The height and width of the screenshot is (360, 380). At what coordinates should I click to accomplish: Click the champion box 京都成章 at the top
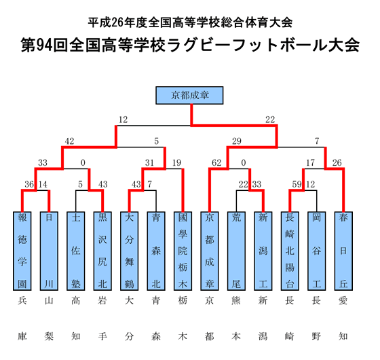(191, 94)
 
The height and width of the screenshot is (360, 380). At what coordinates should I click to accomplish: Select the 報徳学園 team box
(22, 250)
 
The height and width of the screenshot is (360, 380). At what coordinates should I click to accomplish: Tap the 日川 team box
(49, 250)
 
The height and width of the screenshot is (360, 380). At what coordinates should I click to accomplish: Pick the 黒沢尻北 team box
(102, 250)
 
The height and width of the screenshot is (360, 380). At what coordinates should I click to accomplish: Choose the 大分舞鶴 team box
(129, 250)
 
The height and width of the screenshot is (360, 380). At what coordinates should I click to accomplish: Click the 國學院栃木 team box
(183, 250)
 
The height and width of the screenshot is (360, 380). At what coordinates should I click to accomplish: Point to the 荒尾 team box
(235, 250)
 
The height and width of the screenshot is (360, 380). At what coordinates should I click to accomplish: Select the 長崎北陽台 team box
(289, 250)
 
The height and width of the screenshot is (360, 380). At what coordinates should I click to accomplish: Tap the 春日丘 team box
(342, 250)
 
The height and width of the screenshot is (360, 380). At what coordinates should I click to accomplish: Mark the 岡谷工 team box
(316, 250)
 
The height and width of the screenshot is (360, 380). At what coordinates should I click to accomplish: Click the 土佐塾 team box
(76, 250)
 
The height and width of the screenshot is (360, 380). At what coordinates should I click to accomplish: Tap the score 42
(69, 141)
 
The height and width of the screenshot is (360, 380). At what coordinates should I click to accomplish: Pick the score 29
(237, 141)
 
